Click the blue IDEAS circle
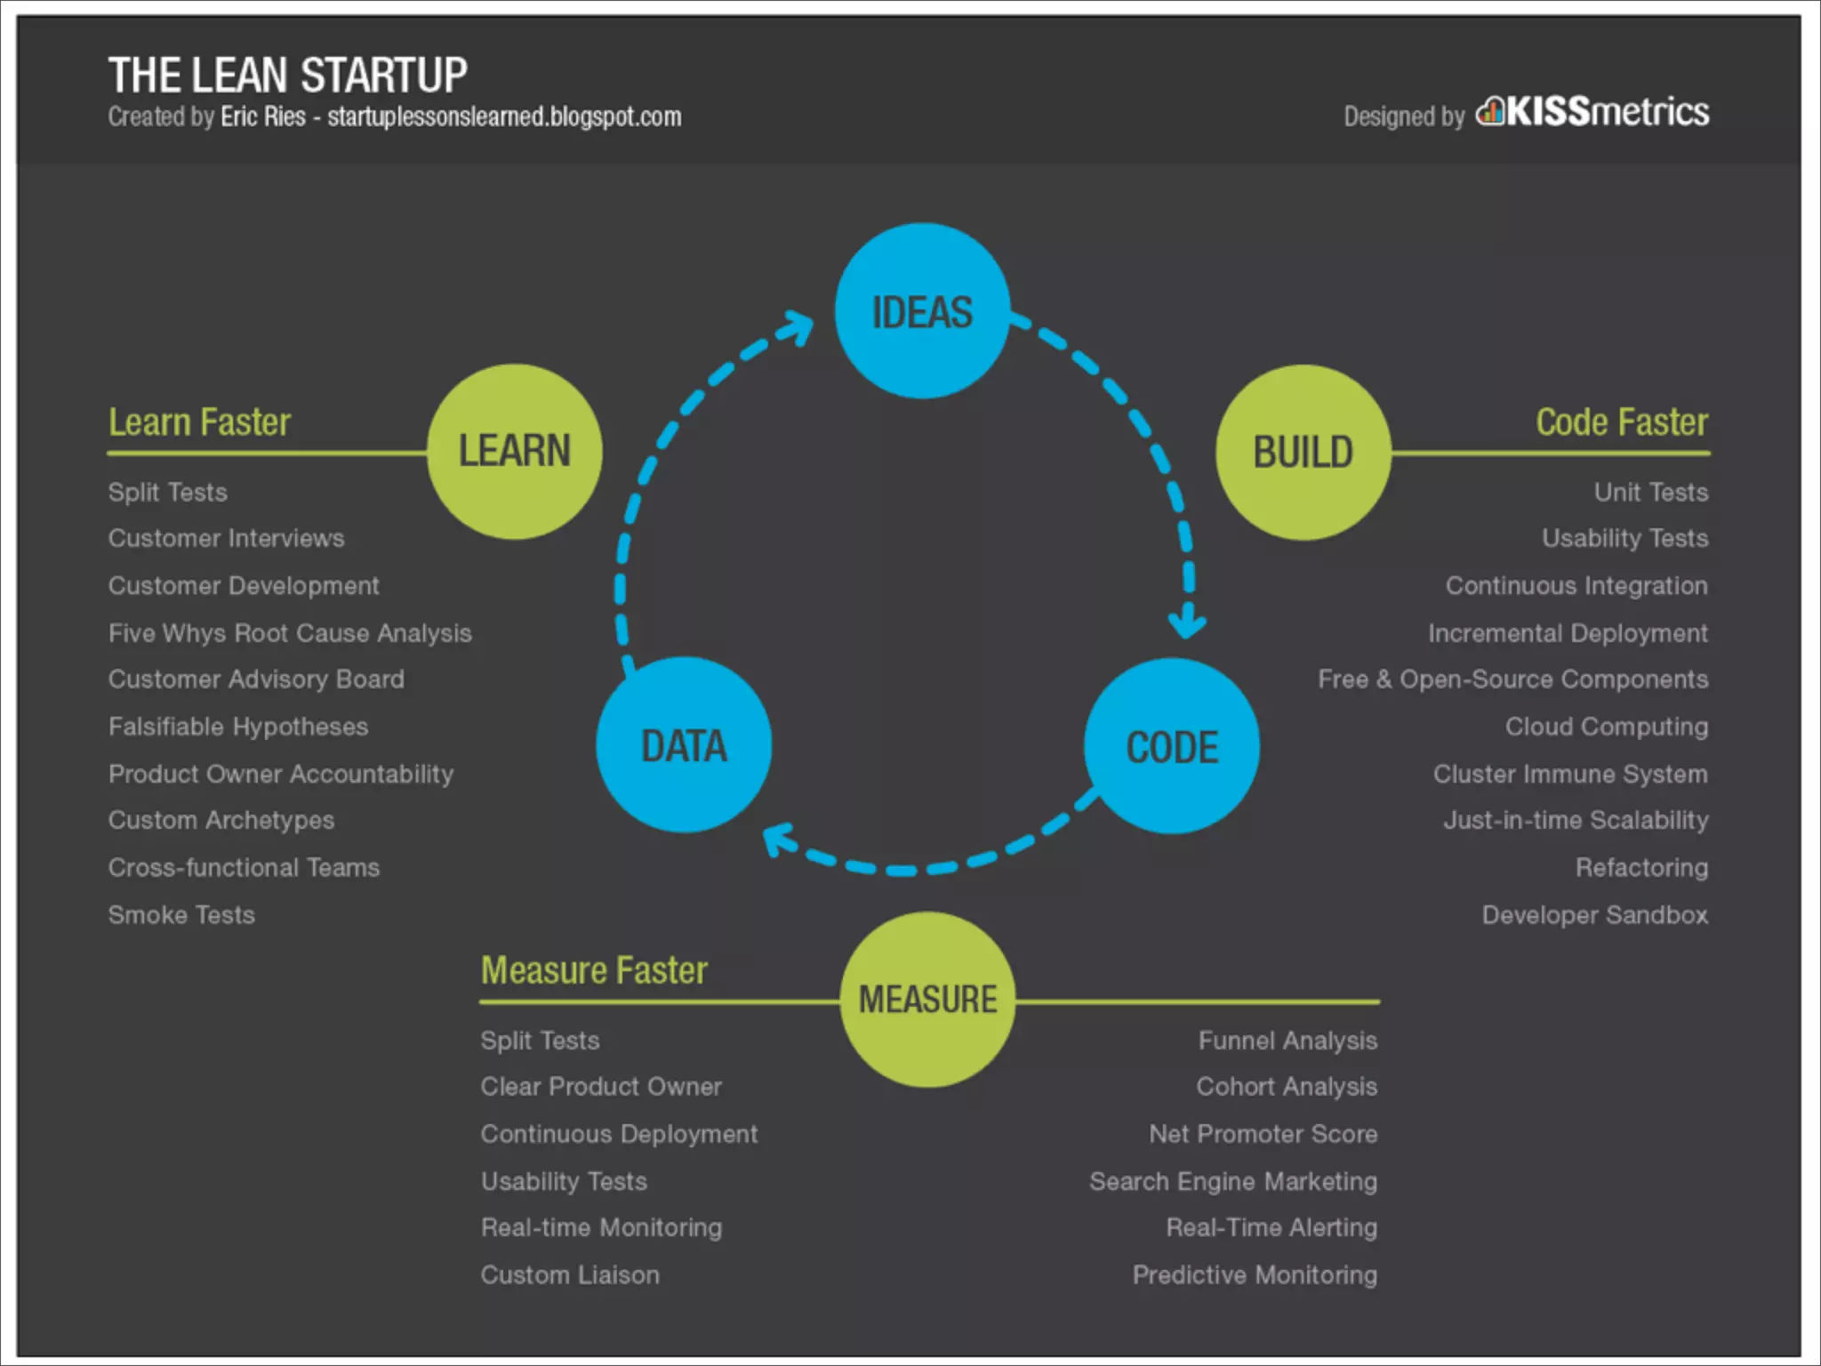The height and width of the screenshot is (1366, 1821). point(922,310)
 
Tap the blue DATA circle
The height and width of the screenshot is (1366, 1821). point(684,744)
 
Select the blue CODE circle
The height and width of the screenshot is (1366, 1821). point(1171,745)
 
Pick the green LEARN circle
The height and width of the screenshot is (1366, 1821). point(514,451)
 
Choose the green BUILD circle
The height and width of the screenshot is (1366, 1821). point(1303,452)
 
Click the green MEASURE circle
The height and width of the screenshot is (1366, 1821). point(927,999)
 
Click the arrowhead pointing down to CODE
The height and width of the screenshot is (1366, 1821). point(1187,622)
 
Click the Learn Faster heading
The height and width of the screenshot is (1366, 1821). point(199,422)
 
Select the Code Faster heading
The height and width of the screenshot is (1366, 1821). point(1622,422)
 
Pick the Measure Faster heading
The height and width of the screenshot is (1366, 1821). point(594,970)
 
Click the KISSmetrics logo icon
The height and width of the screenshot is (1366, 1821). point(1490,112)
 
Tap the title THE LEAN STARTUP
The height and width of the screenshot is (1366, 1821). point(287,75)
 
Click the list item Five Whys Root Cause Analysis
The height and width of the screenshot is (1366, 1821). point(290,633)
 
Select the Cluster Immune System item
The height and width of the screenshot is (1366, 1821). point(1570,774)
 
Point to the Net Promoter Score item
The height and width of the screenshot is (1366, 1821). point(1263,1134)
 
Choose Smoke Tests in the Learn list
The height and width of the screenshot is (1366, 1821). point(181,915)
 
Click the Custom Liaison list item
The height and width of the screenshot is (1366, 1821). point(570,1275)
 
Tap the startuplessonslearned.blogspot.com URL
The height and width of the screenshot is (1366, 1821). point(504,117)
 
